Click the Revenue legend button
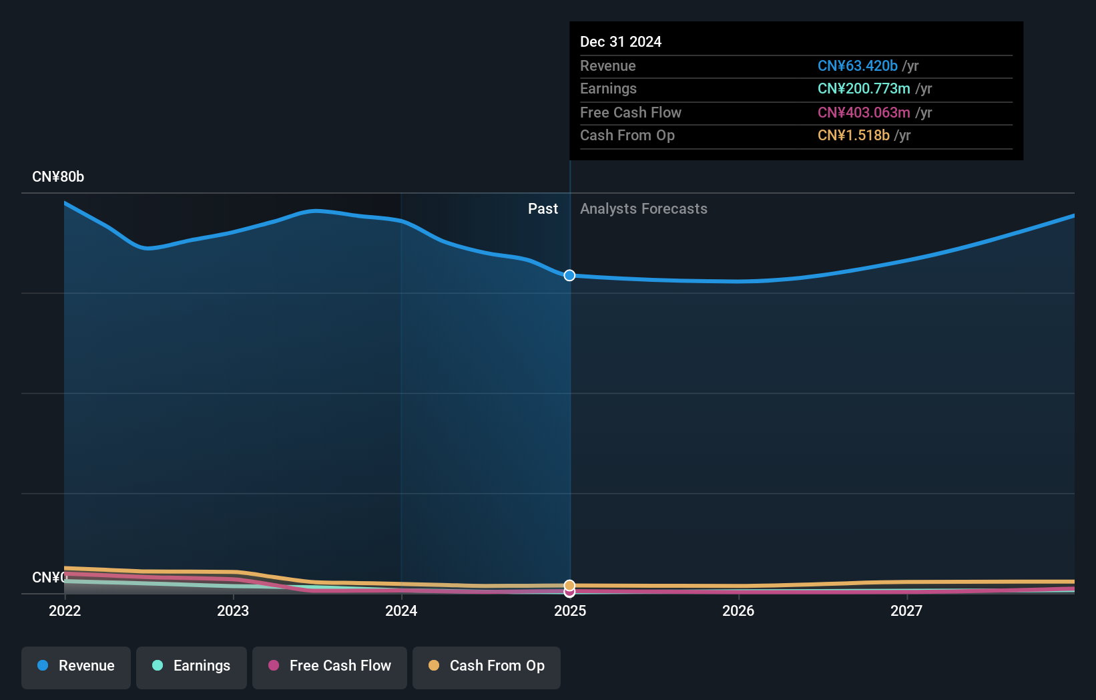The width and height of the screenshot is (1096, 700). (76, 666)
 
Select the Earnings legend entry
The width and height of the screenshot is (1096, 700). (192, 666)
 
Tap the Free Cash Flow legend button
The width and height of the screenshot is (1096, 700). (330, 666)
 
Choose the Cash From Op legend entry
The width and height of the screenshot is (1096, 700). (487, 666)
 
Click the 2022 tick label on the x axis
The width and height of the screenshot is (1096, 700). (65, 610)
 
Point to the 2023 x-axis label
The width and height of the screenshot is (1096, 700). (233, 610)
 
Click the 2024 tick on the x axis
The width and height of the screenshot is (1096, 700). (401, 610)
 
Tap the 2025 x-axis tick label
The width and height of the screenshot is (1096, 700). (570, 610)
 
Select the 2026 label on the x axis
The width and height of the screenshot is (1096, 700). (738, 610)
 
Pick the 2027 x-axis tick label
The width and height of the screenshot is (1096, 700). (906, 610)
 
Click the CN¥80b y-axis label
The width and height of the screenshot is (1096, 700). (58, 177)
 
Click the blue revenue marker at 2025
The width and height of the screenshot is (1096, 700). (569, 275)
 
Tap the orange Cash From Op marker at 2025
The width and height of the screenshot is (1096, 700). (569, 585)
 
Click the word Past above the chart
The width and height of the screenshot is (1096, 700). (543, 209)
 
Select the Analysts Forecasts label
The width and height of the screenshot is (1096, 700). (643, 209)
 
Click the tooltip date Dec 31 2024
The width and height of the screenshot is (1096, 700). (621, 42)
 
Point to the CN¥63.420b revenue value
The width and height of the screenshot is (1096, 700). (857, 66)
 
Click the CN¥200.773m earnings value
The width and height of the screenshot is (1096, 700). (864, 89)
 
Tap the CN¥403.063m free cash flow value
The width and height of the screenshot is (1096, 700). (864, 113)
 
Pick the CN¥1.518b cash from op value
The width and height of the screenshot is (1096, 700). (853, 136)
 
